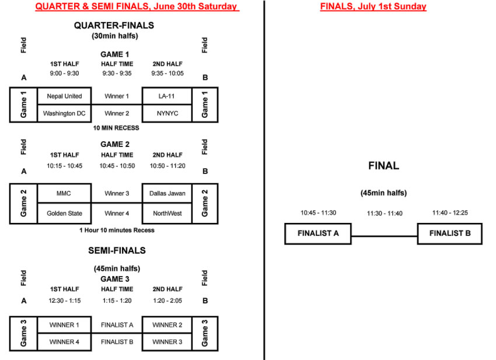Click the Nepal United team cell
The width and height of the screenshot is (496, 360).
tap(64, 96)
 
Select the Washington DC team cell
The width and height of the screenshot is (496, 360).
tap(64, 114)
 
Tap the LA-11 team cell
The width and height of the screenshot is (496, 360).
tap(167, 96)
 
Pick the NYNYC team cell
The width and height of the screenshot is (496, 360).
tap(167, 114)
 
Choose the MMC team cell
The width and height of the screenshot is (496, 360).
tap(64, 193)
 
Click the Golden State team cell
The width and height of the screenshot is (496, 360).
tap(64, 214)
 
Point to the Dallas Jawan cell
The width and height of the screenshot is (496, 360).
tap(167, 193)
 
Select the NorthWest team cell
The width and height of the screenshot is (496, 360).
tap(167, 214)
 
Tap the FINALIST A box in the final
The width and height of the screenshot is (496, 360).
tap(318, 234)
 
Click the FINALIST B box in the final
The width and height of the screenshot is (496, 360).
tap(449, 234)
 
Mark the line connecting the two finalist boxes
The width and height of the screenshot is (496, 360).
tap(384, 236)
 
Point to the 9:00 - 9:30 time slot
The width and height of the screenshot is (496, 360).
tap(64, 74)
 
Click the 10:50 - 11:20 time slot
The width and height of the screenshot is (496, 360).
tap(167, 166)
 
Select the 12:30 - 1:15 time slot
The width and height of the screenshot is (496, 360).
tap(64, 300)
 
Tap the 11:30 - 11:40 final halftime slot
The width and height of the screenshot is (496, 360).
tap(385, 214)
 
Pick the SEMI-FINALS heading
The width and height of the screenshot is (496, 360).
tap(117, 250)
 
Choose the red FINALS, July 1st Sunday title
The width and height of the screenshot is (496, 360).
tap(373, 7)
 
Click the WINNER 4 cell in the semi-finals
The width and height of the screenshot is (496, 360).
tap(64, 342)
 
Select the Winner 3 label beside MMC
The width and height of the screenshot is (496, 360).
tap(117, 193)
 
